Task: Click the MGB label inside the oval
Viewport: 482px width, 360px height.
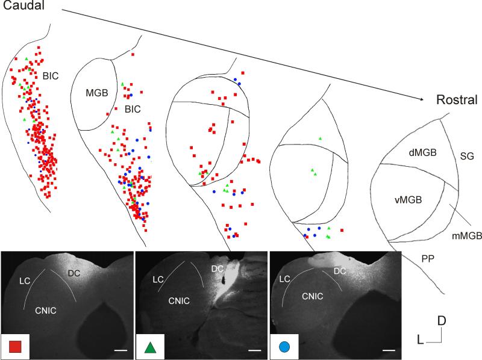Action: click(96, 93)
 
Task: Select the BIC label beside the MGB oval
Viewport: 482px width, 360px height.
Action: click(133, 110)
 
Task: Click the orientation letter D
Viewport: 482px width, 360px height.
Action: click(442, 321)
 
